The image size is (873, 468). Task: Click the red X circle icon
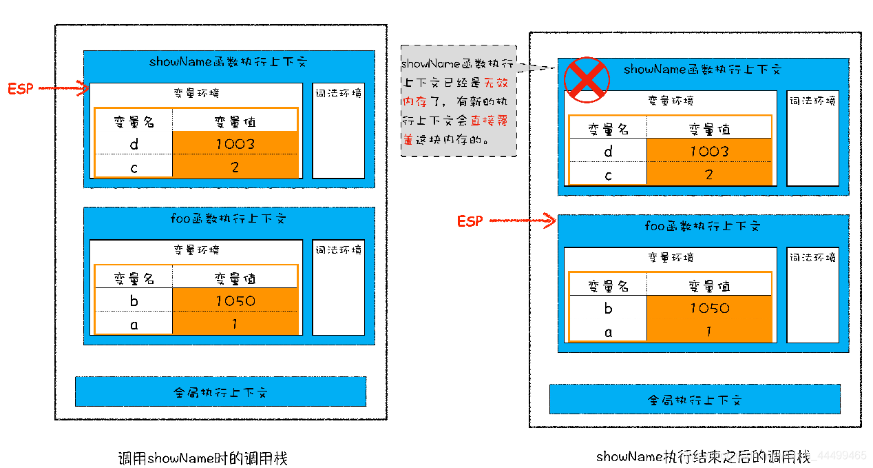tap(587, 79)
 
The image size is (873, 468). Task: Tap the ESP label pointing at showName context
tap(20, 88)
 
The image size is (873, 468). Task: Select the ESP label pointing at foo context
tap(470, 221)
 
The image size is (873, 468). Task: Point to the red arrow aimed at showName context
tap(64, 88)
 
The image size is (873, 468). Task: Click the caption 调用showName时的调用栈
tap(202, 458)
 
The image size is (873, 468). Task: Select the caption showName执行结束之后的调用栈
tap(702, 456)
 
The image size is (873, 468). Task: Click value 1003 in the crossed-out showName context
tap(709, 151)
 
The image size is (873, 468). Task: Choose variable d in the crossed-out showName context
tap(607, 151)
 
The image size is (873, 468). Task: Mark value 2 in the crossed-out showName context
tap(709, 174)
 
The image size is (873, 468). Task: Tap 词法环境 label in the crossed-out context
tap(812, 101)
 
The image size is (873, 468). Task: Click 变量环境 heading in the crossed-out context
tap(670, 101)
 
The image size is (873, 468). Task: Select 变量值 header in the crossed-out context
tap(709, 129)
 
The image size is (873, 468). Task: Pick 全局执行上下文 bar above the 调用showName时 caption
tap(220, 391)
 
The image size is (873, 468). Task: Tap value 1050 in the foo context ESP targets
tap(709, 307)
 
